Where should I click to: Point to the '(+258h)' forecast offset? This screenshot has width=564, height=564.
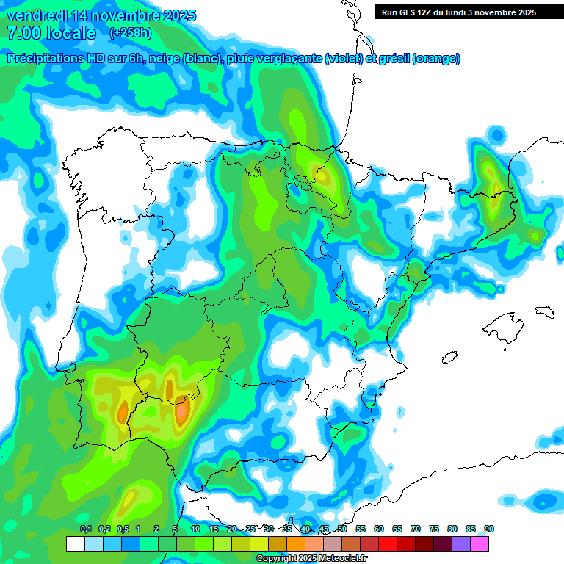pos(131,33)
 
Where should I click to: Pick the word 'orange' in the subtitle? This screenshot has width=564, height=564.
pos(436,59)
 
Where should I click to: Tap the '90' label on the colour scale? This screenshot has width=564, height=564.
pos(489,529)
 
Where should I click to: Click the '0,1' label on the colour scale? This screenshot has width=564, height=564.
pos(85,529)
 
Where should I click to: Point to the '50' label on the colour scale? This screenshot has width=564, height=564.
pos(342,529)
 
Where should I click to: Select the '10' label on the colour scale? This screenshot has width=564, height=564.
pos(195,529)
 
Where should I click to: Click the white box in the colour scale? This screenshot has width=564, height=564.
pos(75,543)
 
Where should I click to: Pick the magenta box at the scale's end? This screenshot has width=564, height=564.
pos(480,543)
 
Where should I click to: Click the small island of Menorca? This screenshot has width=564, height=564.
pos(544,311)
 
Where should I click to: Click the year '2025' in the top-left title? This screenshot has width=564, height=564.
pos(173,15)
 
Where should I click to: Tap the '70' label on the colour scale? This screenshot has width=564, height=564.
pos(416,529)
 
